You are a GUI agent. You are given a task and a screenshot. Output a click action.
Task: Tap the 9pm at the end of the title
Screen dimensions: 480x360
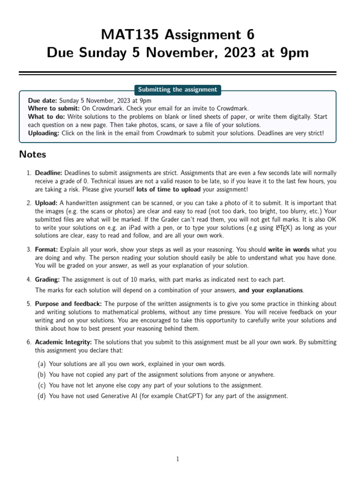pos(294,53)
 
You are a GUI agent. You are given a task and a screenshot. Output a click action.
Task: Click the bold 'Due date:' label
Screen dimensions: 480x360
pos(43,101)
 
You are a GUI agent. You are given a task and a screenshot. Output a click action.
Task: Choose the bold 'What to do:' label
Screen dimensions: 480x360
pos(47,117)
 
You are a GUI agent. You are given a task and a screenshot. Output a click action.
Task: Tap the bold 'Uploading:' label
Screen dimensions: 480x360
pos(44,133)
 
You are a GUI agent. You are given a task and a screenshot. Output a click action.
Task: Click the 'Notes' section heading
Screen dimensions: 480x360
pos(33,154)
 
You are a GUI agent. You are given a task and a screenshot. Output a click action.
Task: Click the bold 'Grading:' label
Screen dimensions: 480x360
pos(48,279)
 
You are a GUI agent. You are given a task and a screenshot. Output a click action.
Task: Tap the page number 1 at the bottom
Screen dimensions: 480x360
pos(178,459)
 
